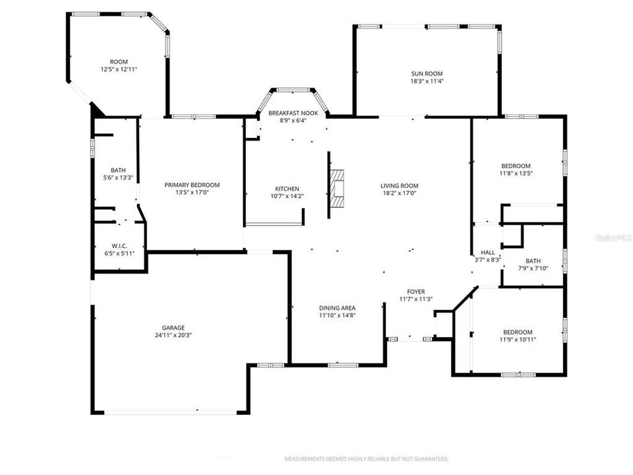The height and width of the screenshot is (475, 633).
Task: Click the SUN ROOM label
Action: coord(427,74)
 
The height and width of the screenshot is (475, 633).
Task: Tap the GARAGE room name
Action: coord(174,327)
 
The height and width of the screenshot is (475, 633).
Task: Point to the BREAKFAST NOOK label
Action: coord(293,113)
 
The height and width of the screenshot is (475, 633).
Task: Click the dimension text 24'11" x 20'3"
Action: coord(174,335)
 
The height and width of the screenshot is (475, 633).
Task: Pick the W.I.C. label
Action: coord(119,245)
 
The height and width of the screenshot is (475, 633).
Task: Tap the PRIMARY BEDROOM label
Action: coord(192,185)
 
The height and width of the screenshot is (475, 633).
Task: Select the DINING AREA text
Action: coord(338,308)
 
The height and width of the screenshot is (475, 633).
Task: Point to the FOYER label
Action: coord(415,292)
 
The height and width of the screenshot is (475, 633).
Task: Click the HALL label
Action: coord(488,253)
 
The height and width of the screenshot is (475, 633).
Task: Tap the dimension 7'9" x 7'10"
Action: coord(533,268)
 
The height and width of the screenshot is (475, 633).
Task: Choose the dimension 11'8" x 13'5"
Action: coord(516,174)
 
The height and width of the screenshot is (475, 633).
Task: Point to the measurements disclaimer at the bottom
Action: coord(366,459)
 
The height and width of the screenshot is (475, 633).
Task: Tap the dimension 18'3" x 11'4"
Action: coord(427,82)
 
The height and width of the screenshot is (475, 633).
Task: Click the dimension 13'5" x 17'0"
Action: coord(192,193)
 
